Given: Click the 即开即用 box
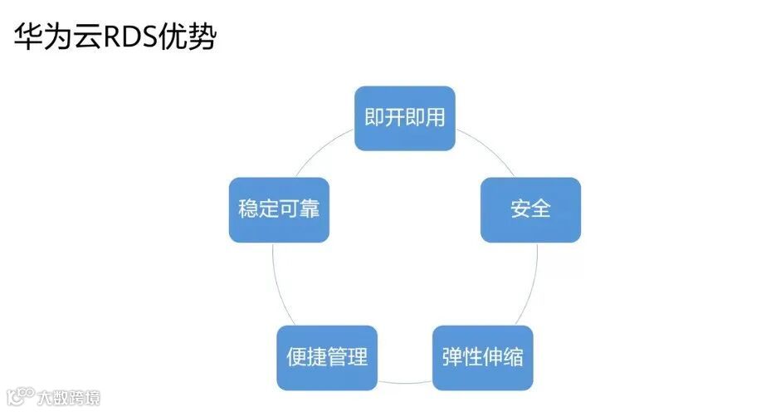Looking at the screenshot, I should pos(405,118).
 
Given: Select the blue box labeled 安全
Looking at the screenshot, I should pos(531,209).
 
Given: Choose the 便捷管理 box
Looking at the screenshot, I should pos(327,358).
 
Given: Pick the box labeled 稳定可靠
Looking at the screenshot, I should pos(279,209).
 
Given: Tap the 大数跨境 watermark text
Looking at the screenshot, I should pos(68,398).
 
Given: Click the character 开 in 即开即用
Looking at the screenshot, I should pos(395,118).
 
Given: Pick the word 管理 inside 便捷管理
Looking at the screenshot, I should pos(348,358).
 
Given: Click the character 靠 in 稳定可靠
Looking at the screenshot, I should pos(310,209).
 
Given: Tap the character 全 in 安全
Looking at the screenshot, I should pos(541,209).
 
